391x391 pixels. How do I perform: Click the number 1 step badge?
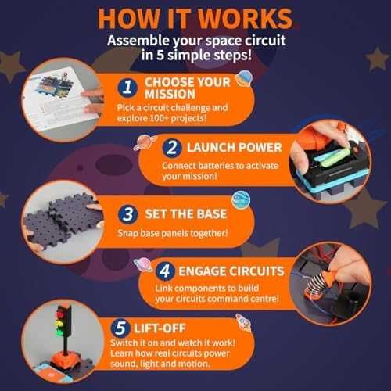127,88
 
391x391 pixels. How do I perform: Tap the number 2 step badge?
172,148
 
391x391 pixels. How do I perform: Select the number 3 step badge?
127,214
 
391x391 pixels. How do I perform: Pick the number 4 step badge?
165,271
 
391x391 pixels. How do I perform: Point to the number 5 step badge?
120,328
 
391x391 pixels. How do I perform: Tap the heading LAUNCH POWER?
234,148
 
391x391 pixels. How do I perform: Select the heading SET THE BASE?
186,214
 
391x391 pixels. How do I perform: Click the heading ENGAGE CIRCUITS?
231,271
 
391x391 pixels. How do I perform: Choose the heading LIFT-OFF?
160,328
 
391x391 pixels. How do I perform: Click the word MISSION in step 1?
170,94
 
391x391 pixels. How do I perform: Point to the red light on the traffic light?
60,314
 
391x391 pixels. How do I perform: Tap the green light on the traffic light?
59,332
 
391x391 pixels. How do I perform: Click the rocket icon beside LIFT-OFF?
244,323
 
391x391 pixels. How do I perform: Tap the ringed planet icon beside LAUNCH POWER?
145,142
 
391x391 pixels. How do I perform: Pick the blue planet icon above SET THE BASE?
241,200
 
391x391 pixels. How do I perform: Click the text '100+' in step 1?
159,118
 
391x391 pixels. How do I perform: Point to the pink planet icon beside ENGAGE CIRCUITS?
143,264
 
